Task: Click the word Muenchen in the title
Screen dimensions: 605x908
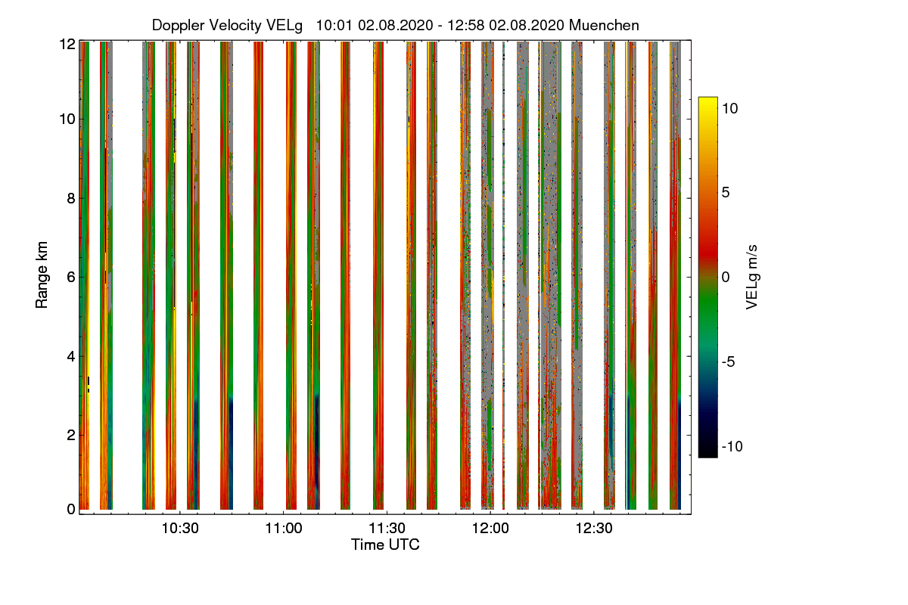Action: [x=604, y=25]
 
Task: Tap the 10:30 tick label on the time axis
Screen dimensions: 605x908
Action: [x=180, y=528]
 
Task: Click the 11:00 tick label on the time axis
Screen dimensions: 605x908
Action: [x=284, y=528]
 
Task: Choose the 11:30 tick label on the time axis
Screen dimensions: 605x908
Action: [x=387, y=528]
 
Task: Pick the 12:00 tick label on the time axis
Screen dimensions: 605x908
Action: [x=491, y=528]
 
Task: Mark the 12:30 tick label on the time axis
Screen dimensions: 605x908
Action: [x=595, y=528]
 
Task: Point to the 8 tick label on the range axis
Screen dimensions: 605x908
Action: [x=71, y=199]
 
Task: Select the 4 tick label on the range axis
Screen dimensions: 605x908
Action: [x=71, y=355]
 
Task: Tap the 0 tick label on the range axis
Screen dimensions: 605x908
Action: [x=71, y=510]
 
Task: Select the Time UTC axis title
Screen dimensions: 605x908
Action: [x=385, y=544]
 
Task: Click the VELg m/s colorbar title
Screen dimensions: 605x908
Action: [x=751, y=277]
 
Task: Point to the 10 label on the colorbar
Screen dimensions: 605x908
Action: [x=729, y=108]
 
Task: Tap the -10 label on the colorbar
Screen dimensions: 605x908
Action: [x=732, y=446]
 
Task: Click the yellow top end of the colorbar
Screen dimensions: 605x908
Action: [x=707, y=101]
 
